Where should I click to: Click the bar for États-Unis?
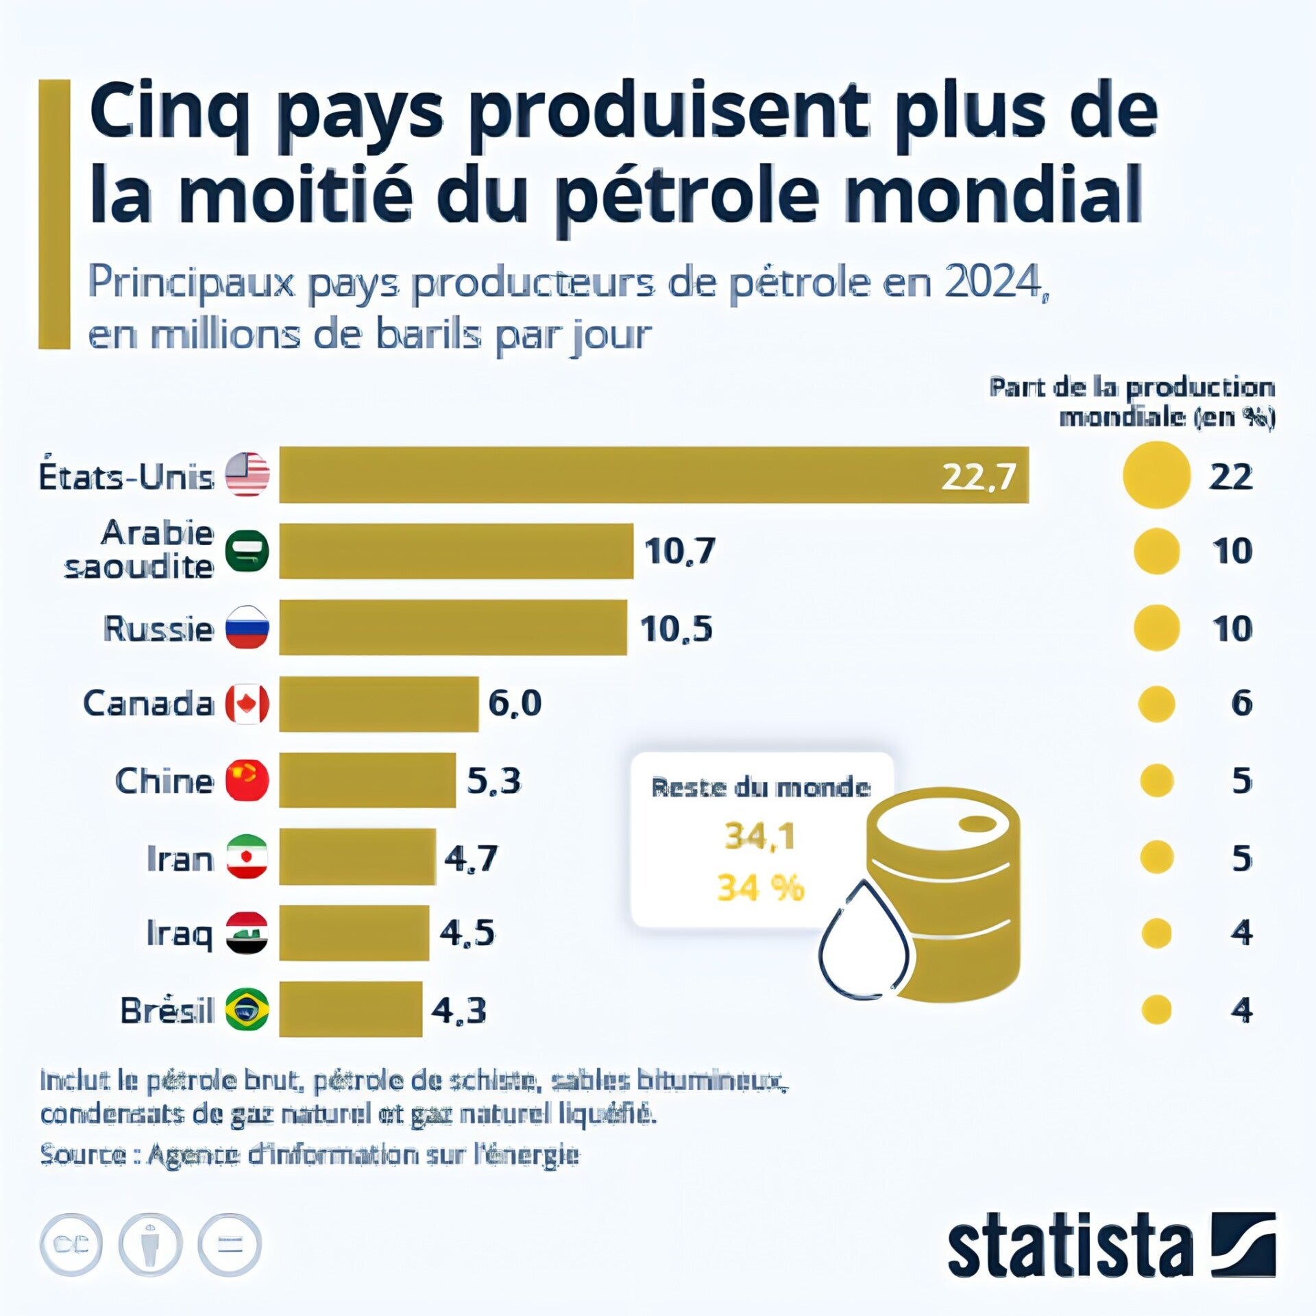click(x=653, y=475)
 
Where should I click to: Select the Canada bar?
click(x=378, y=703)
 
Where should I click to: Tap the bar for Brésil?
click(x=350, y=1009)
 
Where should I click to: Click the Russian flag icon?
click(x=247, y=627)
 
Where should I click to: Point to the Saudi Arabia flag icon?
click(x=247, y=551)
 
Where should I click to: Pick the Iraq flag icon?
click(x=247, y=933)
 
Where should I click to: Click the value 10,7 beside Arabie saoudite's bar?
click(x=679, y=551)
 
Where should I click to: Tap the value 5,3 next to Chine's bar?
click(x=493, y=780)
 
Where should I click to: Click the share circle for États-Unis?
click(x=1156, y=475)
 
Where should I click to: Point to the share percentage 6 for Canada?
click(x=1241, y=703)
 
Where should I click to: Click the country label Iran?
click(x=180, y=858)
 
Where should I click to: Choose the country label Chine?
click(x=164, y=781)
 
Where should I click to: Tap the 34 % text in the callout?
click(x=760, y=888)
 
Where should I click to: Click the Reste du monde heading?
click(x=761, y=788)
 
